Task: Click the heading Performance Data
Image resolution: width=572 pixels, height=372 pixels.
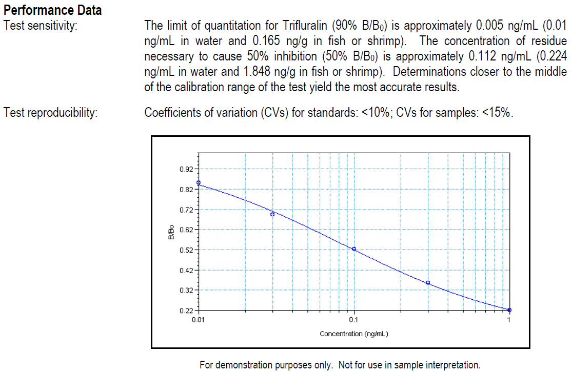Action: [x=52, y=10]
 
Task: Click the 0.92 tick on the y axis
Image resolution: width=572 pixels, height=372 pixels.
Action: [x=186, y=169]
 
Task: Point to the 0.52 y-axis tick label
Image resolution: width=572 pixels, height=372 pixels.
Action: [x=186, y=250]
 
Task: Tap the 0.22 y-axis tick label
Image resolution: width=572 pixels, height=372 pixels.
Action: [x=186, y=311]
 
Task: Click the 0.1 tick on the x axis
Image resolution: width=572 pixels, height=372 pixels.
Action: [x=353, y=320]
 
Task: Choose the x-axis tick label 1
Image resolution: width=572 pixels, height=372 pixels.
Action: [x=509, y=320]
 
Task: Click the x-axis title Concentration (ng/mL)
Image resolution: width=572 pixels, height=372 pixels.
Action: [x=353, y=334]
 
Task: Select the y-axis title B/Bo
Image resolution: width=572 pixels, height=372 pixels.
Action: [x=172, y=233]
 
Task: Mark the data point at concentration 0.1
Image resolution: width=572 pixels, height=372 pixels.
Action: [x=354, y=249]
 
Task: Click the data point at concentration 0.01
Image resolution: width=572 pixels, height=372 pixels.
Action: [x=199, y=183]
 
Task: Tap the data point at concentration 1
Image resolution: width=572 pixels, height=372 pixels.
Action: [x=509, y=310]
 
